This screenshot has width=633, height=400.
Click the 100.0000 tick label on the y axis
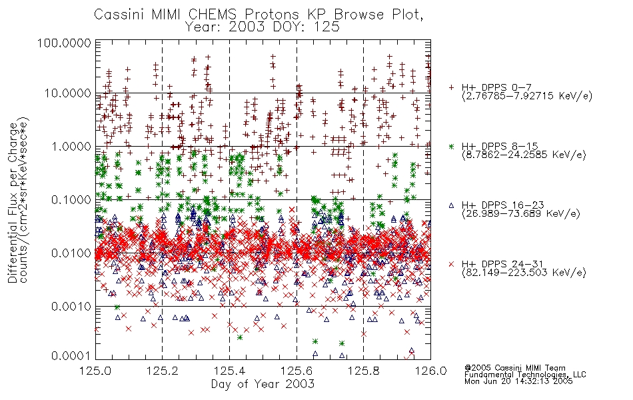click(x=64, y=43)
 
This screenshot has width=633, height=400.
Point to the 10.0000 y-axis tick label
click(x=67, y=94)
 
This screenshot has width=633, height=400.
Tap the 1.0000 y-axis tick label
click(x=71, y=147)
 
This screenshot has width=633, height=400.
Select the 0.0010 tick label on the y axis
click(x=71, y=307)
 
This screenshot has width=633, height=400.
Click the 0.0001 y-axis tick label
click(x=71, y=356)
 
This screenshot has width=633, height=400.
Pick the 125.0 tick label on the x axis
click(x=95, y=371)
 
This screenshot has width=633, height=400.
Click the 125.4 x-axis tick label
click(x=229, y=371)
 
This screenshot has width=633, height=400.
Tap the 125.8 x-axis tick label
click(x=363, y=371)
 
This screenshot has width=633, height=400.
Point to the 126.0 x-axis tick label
click(x=430, y=371)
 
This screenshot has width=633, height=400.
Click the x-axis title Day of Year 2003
click(x=263, y=384)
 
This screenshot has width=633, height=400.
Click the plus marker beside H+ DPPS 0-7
click(x=451, y=87)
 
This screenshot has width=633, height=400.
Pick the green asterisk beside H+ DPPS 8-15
click(x=451, y=146)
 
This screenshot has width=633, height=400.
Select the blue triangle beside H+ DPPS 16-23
click(x=451, y=205)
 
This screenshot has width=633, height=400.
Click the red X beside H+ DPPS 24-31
click(x=451, y=264)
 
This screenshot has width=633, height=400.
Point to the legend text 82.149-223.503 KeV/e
click(x=524, y=273)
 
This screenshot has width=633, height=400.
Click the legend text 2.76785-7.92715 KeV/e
click(x=527, y=96)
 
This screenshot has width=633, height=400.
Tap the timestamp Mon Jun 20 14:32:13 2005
click(x=518, y=381)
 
